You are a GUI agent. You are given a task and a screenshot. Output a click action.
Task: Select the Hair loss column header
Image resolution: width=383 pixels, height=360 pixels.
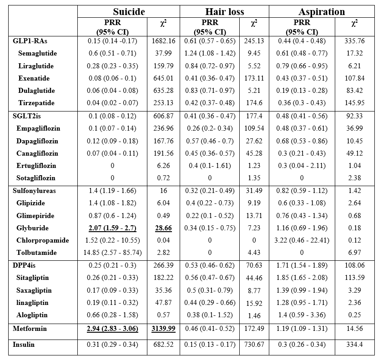coord(224,12)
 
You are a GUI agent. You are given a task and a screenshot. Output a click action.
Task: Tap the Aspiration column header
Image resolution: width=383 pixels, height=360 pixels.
coord(322,12)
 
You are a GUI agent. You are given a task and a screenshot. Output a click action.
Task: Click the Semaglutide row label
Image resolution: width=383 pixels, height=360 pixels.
coord(38,53)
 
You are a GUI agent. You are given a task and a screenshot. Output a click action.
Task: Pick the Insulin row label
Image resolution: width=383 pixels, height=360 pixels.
coord(25,345)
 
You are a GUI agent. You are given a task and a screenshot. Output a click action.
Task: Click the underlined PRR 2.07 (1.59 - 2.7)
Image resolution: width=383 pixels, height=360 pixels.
coord(112,228)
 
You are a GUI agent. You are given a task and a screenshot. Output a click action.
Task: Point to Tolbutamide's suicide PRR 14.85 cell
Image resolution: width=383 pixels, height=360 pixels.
coord(112,253)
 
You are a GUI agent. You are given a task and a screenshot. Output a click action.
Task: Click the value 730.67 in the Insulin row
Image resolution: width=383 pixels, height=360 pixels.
coord(254,345)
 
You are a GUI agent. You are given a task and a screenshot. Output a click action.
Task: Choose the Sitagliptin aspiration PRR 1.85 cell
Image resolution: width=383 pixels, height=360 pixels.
coord(302,278)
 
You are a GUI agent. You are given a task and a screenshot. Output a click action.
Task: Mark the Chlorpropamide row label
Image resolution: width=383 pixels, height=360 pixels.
coord(43,240)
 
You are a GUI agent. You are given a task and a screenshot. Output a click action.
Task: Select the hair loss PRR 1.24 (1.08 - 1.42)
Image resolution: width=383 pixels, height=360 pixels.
coord(210,53)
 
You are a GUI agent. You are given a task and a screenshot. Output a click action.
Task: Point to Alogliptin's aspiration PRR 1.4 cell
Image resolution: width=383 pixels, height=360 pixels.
coord(302,315)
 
